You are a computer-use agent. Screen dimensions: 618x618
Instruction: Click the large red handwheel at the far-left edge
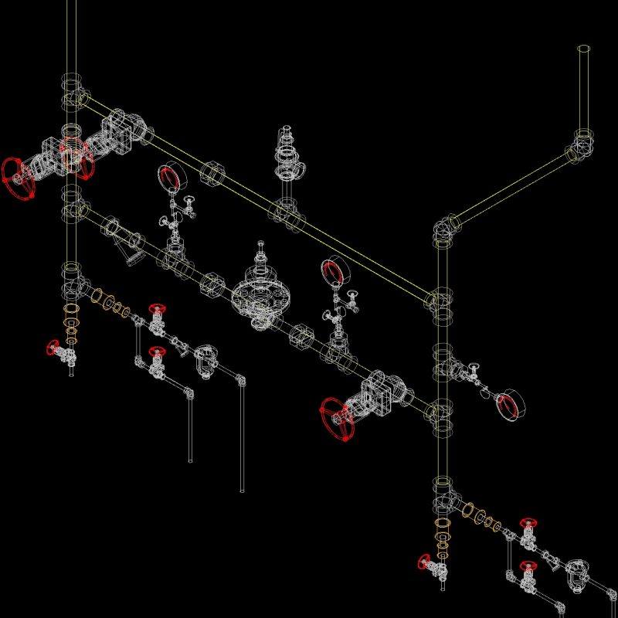[x=18, y=178]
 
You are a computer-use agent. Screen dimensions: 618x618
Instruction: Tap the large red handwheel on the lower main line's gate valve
[x=337, y=419]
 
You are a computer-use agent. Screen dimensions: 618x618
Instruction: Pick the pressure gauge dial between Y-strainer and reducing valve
[x=171, y=178]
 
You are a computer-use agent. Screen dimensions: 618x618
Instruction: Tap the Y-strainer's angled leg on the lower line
[x=130, y=251]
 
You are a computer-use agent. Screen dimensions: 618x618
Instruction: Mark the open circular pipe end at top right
[x=584, y=50]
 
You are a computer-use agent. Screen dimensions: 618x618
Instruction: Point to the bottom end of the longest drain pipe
[x=243, y=489]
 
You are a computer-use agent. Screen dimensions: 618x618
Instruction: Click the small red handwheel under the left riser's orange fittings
[x=53, y=348]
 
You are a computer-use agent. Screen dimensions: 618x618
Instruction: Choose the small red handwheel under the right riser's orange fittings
[x=424, y=562]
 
